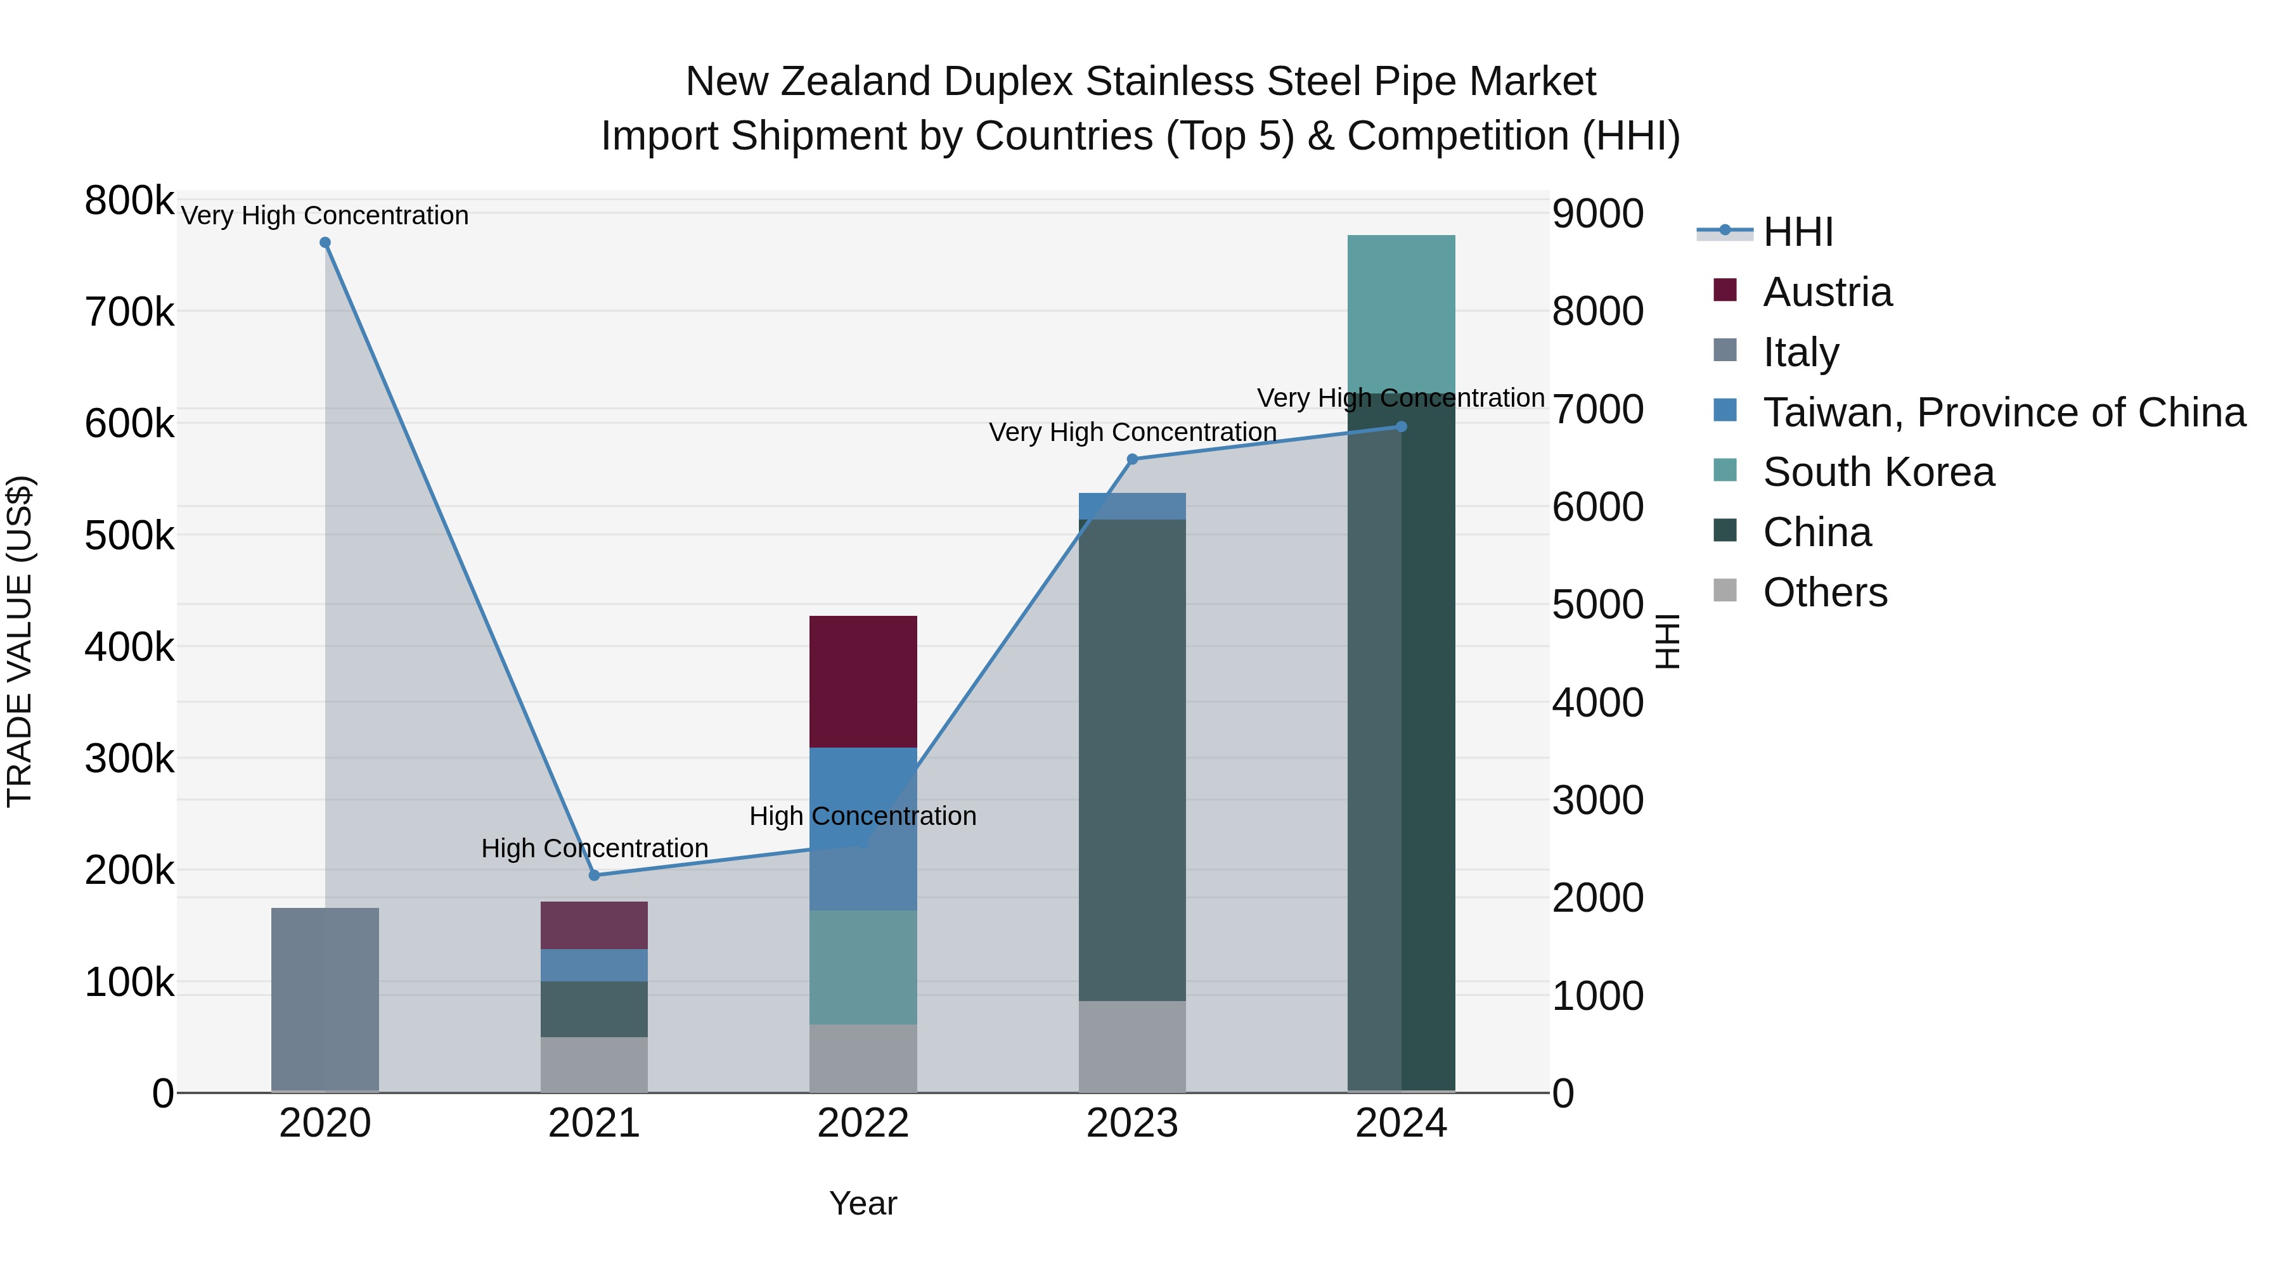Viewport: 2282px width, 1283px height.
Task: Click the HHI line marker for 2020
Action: (x=325, y=243)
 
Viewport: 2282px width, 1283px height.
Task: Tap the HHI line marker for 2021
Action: (x=595, y=875)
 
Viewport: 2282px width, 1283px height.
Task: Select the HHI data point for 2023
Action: (x=1132, y=459)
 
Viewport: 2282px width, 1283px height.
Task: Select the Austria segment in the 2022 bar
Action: (x=863, y=681)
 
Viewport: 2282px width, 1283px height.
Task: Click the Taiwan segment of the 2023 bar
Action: (x=1132, y=506)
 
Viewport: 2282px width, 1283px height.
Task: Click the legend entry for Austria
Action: (x=1827, y=292)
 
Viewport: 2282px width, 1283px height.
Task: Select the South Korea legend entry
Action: (x=1878, y=472)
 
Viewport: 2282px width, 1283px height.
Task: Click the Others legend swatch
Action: (x=1725, y=590)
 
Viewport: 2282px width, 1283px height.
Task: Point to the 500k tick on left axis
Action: (x=129, y=535)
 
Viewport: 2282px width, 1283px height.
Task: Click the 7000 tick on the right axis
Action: (x=1597, y=409)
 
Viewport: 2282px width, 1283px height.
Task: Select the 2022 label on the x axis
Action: (x=863, y=1123)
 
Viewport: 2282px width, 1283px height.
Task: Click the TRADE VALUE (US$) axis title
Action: (x=20, y=641)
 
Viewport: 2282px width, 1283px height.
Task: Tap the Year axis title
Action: (x=863, y=1203)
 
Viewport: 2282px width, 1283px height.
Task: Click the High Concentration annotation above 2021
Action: (x=595, y=848)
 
